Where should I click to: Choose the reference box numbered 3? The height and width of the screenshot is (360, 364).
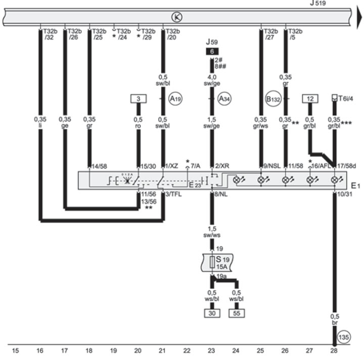tap(138, 98)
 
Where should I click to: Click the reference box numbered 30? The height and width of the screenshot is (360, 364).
tap(211, 313)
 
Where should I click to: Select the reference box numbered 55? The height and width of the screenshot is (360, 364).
tap(236, 313)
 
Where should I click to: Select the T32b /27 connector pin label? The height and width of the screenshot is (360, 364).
tap(270, 34)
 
